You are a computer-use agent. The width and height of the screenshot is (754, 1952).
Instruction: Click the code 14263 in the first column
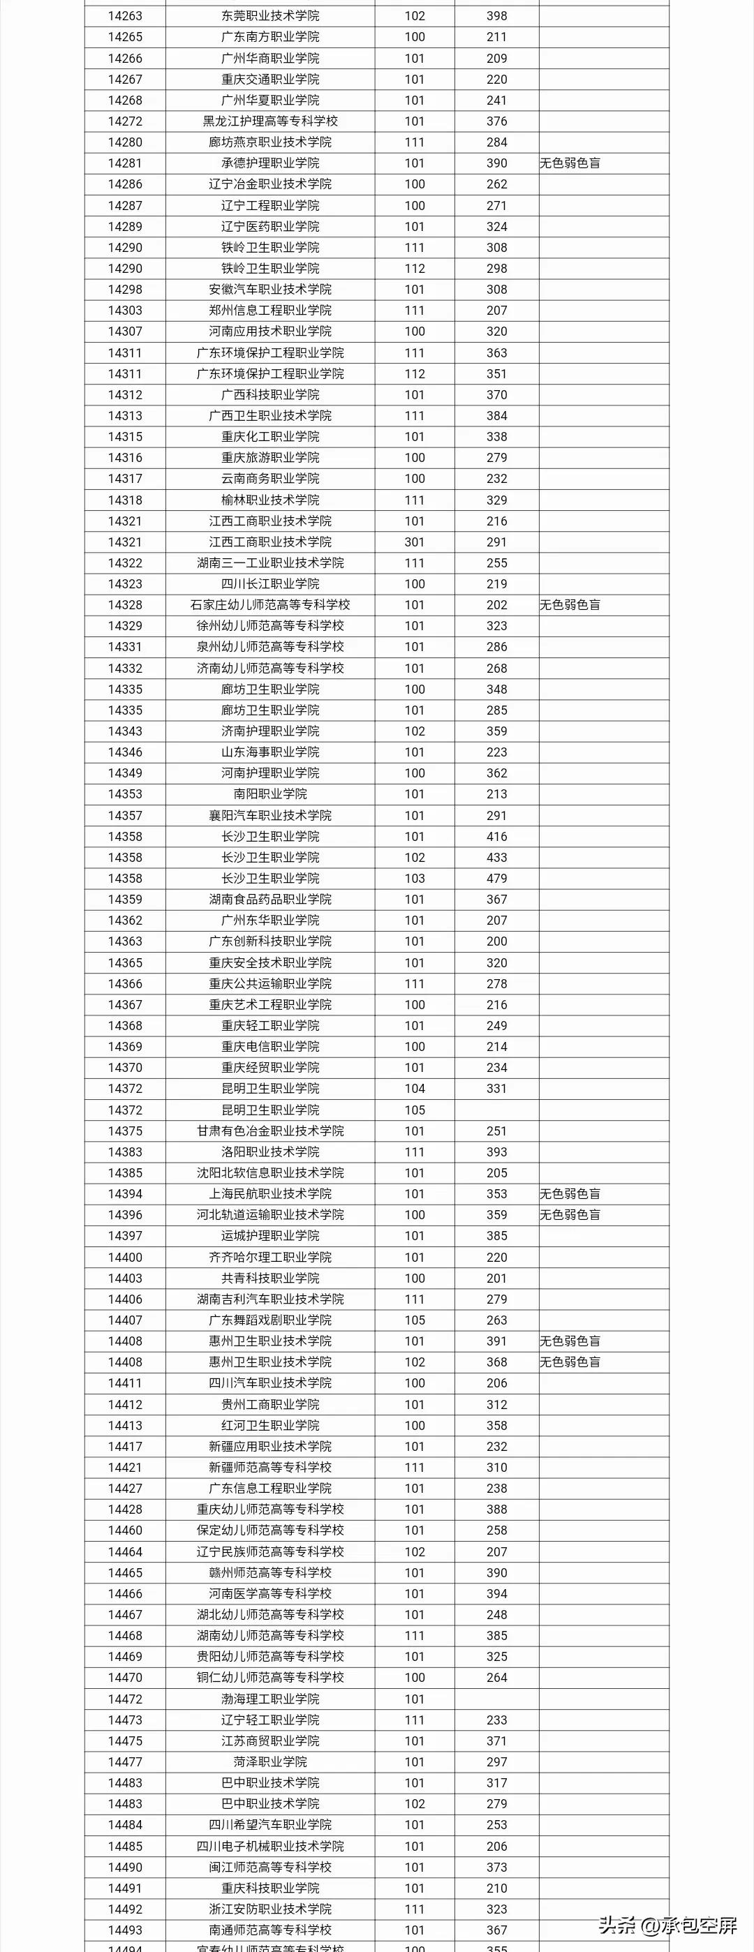tap(125, 16)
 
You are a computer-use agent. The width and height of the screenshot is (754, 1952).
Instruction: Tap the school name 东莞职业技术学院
tap(269, 16)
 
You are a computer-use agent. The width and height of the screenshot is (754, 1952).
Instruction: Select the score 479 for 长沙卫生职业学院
tap(497, 878)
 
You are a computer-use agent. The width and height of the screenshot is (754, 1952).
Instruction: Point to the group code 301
tap(415, 542)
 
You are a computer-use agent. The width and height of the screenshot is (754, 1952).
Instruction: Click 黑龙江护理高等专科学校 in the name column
tap(269, 121)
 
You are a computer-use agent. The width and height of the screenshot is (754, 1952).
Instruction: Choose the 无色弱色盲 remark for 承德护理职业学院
tap(570, 163)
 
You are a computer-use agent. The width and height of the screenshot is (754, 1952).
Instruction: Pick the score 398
tap(497, 16)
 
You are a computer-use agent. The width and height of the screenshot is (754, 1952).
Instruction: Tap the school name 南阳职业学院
tap(269, 794)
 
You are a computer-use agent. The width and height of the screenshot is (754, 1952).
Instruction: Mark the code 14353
tap(125, 794)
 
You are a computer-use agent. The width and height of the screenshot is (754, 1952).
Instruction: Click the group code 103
tap(415, 878)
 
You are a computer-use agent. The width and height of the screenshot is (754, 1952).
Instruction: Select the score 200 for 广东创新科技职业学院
tap(497, 941)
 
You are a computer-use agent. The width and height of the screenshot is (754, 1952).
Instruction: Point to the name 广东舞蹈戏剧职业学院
tap(269, 1320)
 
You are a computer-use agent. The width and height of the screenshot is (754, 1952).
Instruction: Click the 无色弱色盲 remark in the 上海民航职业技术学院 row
tap(570, 1193)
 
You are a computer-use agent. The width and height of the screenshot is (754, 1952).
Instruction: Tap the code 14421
tap(125, 1467)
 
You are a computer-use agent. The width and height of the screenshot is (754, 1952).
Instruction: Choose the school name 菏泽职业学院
tap(269, 1761)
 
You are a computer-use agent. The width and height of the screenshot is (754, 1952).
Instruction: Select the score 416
tap(497, 837)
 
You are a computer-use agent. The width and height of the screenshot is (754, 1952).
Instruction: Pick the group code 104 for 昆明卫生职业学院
tap(415, 1088)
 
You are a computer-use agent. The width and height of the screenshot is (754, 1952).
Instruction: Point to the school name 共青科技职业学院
tap(269, 1278)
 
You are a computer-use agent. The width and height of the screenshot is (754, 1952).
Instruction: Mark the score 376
tap(497, 121)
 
